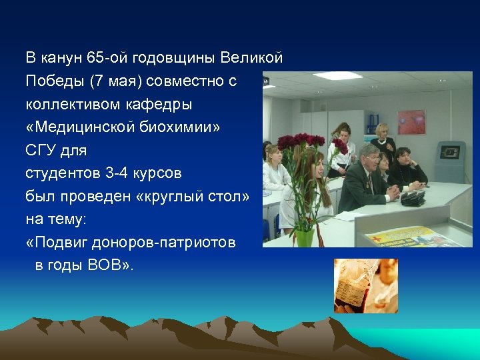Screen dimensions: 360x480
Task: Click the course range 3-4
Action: click(x=119, y=173)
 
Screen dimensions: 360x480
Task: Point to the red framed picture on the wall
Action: click(x=411, y=123)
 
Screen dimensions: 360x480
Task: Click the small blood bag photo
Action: click(x=365, y=285)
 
